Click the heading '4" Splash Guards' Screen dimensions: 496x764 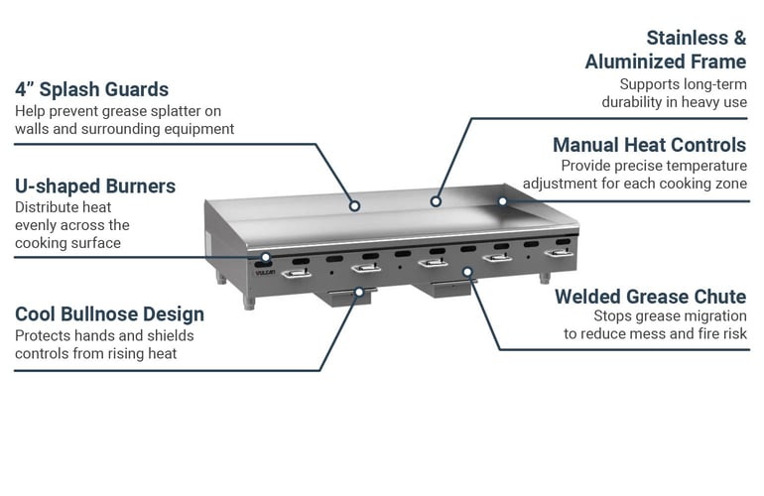(91, 89)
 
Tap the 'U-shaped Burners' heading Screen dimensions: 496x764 (95, 186)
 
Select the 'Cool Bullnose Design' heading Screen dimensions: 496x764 (109, 314)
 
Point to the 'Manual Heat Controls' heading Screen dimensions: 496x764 (649, 145)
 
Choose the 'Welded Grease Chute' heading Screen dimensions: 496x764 (650, 297)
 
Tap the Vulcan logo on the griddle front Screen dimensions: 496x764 (264, 268)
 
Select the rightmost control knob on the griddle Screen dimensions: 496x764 (562, 254)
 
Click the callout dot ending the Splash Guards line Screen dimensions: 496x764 (354, 207)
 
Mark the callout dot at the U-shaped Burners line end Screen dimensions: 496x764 (266, 257)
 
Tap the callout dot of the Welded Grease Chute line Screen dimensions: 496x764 (467, 270)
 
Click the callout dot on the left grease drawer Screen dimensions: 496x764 (359, 291)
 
